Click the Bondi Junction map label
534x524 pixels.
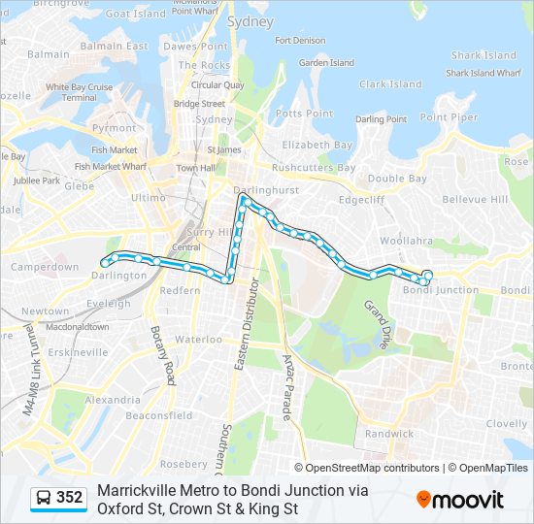coord(441,289)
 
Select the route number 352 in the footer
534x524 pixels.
coord(70,498)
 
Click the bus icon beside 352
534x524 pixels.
coord(44,498)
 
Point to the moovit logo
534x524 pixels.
coord(460,500)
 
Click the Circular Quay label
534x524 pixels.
coord(217,84)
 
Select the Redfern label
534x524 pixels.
coord(180,290)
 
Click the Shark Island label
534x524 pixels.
coord(484,55)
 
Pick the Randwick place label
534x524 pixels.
coord(388,434)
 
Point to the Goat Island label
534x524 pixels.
coord(135,15)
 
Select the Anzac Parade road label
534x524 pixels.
coord(287,388)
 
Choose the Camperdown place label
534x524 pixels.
coord(44,267)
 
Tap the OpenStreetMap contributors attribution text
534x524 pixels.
coord(374,468)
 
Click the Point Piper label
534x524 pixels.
coord(449,117)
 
